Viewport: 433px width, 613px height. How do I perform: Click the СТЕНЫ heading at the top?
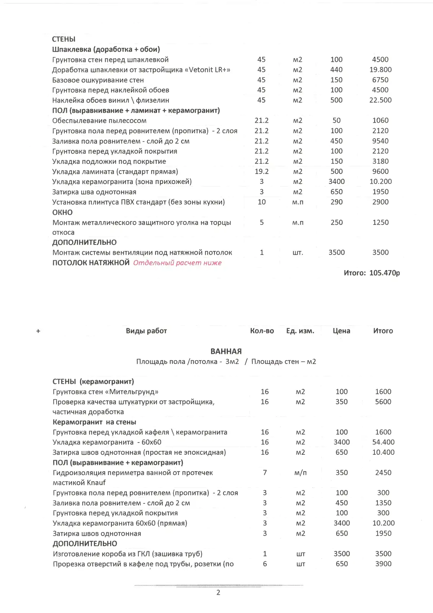click(63, 39)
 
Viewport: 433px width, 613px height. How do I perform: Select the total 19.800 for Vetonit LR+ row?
click(380, 70)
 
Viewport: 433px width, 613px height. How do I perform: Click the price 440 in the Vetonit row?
click(336, 70)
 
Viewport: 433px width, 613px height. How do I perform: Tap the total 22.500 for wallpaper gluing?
click(380, 100)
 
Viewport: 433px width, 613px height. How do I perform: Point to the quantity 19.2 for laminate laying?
click(262, 172)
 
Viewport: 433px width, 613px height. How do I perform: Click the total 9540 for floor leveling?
click(380, 141)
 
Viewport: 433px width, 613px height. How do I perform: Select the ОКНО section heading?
click(62, 212)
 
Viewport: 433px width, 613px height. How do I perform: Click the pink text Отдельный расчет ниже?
click(177, 263)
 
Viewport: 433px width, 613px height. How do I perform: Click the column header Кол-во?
click(262, 331)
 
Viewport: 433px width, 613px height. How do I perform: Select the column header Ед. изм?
click(300, 331)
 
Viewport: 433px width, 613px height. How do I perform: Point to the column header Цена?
click(341, 331)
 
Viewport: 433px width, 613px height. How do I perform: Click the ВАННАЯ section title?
click(226, 351)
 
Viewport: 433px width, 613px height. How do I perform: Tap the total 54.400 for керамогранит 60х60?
click(383, 442)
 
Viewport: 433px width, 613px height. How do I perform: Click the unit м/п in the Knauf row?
click(300, 473)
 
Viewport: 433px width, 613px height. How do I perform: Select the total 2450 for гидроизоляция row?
click(383, 473)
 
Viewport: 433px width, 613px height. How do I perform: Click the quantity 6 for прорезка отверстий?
click(265, 564)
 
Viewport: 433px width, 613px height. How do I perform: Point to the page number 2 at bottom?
click(218, 593)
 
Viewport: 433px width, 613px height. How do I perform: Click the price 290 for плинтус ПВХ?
click(336, 202)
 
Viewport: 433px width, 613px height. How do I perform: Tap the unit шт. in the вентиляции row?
click(298, 253)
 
